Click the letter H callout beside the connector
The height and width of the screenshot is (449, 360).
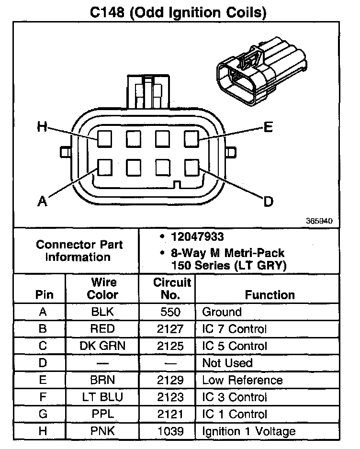(x=42, y=126)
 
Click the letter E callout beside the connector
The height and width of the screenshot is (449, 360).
(x=268, y=127)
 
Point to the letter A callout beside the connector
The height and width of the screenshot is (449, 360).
(x=43, y=201)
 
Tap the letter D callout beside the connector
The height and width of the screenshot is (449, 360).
(x=269, y=202)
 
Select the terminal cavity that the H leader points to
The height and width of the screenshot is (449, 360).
(x=104, y=139)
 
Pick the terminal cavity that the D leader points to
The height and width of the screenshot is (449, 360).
(x=191, y=168)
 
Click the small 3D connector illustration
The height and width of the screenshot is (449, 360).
(x=261, y=71)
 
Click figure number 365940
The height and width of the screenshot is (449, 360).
(x=319, y=221)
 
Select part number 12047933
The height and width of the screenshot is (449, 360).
(x=197, y=237)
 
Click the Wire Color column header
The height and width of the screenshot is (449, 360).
(x=102, y=288)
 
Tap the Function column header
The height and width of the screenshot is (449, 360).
(x=270, y=295)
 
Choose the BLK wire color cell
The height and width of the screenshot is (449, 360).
(x=102, y=312)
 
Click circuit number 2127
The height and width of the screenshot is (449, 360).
(x=170, y=329)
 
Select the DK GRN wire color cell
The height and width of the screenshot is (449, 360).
(x=102, y=346)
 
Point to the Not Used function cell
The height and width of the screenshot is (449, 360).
(x=227, y=363)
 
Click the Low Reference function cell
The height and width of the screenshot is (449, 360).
(x=242, y=380)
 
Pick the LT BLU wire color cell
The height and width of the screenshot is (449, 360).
(x=102, y=397)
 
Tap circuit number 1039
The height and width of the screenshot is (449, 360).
(x=170, y=431)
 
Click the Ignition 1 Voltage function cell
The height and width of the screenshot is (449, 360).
(x=248, y=431)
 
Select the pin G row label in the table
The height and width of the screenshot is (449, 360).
(x=43, y=414)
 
